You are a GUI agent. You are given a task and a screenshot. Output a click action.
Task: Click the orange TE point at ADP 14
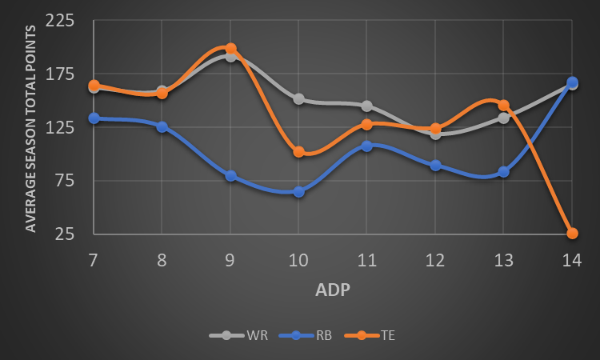pos(572,234)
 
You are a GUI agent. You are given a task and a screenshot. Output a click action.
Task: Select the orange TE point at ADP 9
pos(230,49)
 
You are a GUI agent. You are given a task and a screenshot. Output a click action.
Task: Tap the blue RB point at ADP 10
pos(298,192)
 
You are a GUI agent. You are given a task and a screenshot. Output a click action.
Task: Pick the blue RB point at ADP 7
pos(94,118)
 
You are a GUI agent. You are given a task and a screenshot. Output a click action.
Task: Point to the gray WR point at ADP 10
pos(298,99)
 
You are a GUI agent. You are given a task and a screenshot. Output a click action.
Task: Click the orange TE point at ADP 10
pos(298,152)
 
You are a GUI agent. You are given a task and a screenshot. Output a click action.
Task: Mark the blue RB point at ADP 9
pos(230,176)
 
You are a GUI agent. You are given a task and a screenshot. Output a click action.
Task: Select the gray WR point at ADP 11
pos(366,106)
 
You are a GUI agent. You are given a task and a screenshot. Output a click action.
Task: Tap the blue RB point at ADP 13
pos(503,172)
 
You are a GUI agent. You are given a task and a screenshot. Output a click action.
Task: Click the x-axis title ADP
pos(333,290)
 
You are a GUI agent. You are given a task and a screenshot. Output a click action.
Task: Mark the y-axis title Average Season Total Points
pos(31,128)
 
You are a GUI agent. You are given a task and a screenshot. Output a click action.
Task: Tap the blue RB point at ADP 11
pos(366,146)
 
